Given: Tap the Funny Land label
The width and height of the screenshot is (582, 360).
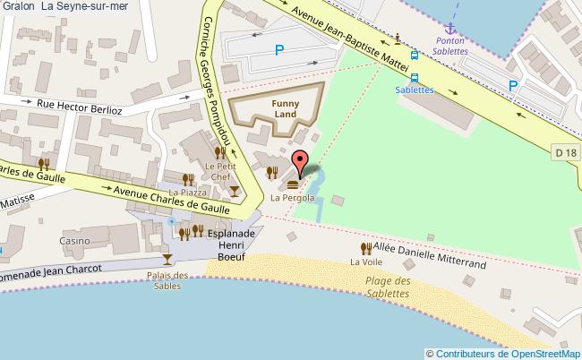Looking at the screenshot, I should pyautogui.click(x=286, y=108).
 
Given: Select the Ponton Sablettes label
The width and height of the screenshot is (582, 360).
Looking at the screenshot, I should pyautogui.click(x=451, y=47).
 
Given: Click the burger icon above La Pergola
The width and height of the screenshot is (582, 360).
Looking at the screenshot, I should pyautogui.click(x=293, y=184).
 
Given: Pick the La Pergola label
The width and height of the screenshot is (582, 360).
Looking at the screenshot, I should pyautogui.click(x=292, y=197).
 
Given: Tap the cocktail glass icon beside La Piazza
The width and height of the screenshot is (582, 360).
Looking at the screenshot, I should pyautogui.click(x=234, y=191).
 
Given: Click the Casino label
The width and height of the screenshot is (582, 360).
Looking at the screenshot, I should pyautogui.click(x=75, y=241).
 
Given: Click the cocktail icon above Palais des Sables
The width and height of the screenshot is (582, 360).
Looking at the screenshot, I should pyautogui.click(x=167, y=260).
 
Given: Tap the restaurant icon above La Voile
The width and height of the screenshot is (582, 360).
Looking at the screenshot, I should pyautogui.click(x=365, y=248).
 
